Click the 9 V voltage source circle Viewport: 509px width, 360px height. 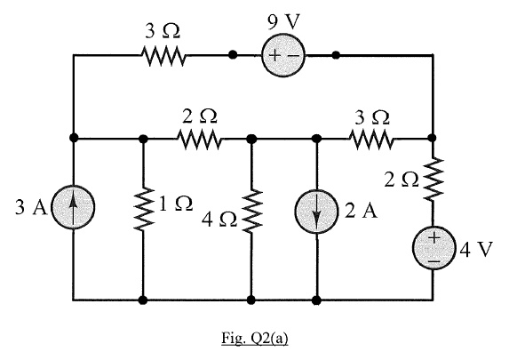click(x=283, y=56)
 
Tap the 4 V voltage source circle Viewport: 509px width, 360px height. click(x=433, y=248)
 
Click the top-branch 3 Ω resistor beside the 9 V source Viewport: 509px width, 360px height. click(x=163, y=56)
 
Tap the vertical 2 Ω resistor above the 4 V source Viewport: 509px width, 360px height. click(x=433, y=181)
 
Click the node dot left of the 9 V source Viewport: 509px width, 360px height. click(x=232, y=55)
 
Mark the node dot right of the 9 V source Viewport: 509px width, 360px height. click(x=335, y=55)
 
